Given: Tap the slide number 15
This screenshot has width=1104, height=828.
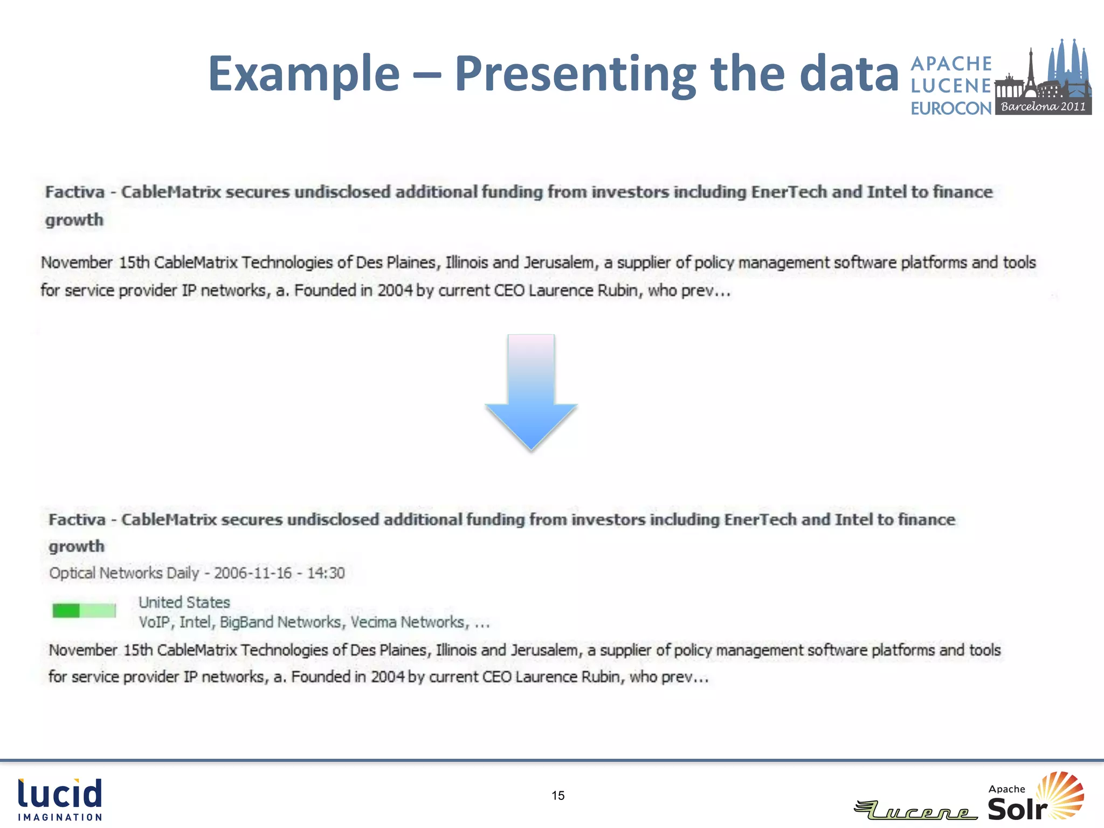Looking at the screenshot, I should pos(558,796).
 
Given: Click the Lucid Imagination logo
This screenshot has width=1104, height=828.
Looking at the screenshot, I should pos(60,799).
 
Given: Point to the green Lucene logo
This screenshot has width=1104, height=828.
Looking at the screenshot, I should pos(916,810).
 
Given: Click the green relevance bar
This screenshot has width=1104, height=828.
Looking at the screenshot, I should pos(84,611).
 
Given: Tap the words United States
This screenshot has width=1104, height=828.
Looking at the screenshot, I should pos(184,602).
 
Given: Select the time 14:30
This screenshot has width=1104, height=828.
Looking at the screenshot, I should pos(326,572).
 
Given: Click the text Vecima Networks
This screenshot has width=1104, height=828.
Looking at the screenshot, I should pos(407,622).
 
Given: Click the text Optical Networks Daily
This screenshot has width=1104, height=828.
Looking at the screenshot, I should pos(124,572).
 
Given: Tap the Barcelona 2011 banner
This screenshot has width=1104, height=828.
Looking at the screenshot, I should pos(1043,106).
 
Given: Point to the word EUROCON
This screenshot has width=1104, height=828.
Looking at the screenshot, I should pos(951,108).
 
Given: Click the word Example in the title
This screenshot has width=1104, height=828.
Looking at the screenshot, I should pos(304,74).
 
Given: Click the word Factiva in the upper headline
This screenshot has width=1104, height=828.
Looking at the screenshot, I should pos(74,192).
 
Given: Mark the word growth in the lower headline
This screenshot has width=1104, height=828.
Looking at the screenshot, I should pos(77,546).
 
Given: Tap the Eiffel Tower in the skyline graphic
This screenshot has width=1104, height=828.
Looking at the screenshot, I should pos(1030,70).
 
